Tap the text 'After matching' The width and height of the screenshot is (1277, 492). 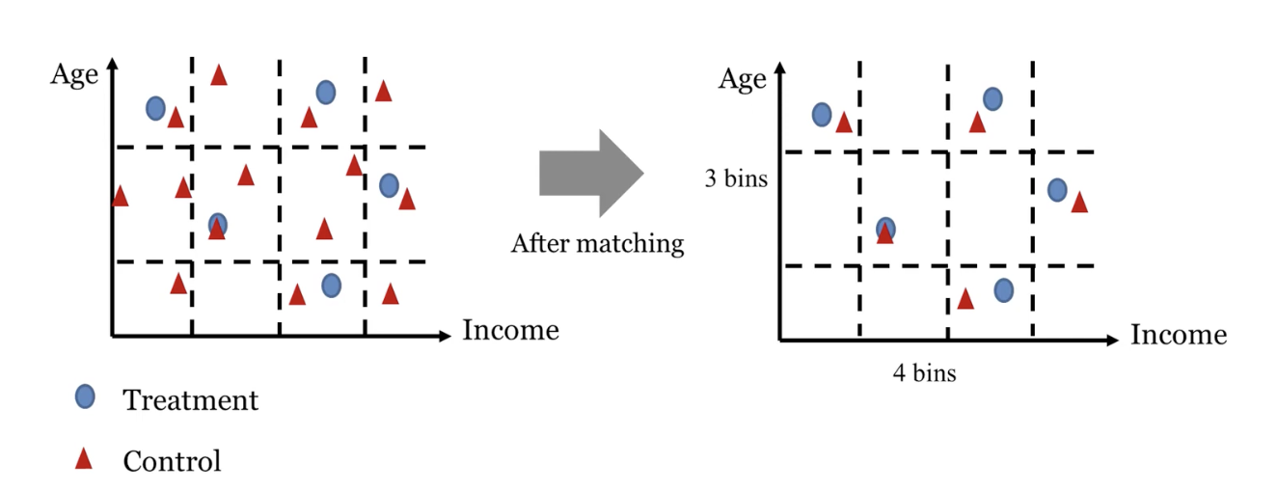(x=597, y=243)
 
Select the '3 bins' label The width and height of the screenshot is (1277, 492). (x=736, y=178)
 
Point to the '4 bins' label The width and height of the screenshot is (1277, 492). (x=924, y=372)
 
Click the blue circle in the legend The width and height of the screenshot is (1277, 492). (x=86, y=396)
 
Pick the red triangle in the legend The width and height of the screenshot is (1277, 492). (x=84, y=458)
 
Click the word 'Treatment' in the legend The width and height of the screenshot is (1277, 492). (x=190, y=399)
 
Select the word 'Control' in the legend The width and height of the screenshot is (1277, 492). (x=172, y=461)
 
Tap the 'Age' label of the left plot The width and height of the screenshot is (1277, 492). (x=74, y=74)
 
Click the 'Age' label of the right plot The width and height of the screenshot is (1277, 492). (x=742, y=79)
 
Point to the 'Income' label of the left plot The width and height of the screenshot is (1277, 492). (x=510, y=331)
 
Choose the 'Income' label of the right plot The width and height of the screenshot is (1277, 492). (x=1179, y=335)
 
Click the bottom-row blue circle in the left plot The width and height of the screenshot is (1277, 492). (x=331, y=286)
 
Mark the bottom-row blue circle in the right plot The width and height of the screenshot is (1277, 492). (x=1003, y=289)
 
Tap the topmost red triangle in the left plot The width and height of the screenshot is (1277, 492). (x=219, y=74)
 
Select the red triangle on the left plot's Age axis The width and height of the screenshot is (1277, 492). (x=120, y=196)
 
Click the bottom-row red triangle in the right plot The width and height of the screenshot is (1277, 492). (x=965, y=299)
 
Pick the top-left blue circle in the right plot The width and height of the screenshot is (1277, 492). (x=822, y=114)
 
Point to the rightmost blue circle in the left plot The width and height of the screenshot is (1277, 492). (x=389, y=185)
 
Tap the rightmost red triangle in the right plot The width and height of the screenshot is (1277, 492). (x=1079, y=202)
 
